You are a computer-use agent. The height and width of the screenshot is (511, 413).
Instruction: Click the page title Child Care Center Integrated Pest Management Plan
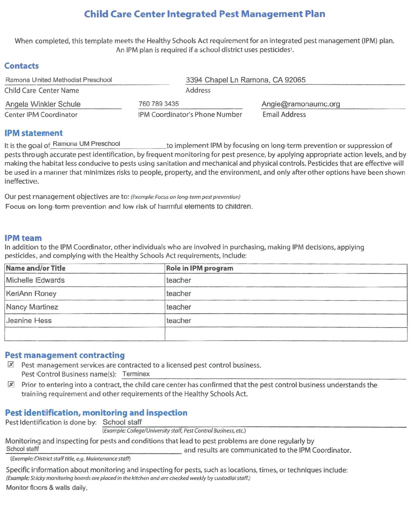(205, 14)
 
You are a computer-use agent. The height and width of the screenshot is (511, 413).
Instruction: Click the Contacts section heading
(21, 66)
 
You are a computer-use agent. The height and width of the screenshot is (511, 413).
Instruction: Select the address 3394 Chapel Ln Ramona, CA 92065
(245, 80)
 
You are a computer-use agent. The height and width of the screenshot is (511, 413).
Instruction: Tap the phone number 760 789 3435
(159, 104)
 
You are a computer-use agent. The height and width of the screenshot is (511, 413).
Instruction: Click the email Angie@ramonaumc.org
(301, 104)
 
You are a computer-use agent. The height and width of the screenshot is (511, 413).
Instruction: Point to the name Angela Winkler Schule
(43, 104)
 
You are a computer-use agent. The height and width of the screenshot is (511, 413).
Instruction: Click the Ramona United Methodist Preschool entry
(58, 80)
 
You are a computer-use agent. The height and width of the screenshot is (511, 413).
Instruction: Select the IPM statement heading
(33, 133)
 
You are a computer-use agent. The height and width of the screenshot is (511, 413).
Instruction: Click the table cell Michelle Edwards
(35, 280)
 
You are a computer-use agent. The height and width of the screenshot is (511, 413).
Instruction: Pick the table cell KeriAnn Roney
(31, 293)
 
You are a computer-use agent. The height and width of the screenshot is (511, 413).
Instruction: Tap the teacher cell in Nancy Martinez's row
(179, 307)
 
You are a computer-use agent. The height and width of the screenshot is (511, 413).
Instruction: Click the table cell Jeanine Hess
(29, 320)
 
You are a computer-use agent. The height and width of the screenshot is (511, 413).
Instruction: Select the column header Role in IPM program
(199, 268)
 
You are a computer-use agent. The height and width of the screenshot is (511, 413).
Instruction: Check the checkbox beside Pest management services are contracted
(11, 364)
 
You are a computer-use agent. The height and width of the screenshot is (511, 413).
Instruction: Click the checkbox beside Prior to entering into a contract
(11, 384)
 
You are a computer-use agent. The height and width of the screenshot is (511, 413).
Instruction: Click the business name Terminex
(136, 374)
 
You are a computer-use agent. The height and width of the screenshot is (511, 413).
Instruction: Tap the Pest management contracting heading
(65, 355)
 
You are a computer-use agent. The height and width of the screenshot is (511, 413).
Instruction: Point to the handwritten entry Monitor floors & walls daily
(46, 487)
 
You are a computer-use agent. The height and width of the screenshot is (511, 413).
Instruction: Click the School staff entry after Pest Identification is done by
(122, 422)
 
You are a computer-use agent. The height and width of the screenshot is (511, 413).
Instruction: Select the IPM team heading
(23, 238)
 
